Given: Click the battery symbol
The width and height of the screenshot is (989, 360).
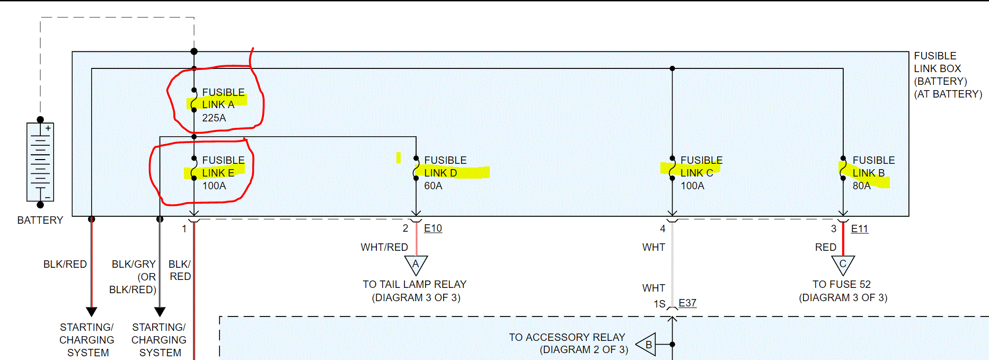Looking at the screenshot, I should pos(40,162).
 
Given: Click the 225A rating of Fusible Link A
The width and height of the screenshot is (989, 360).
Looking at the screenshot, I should pos(214,118).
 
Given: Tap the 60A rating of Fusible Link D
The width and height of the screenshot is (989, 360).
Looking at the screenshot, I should pos(433,186).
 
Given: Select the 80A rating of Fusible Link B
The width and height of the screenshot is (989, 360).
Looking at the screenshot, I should pos(861,186).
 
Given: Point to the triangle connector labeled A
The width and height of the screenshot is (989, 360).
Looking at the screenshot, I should pos(416,265).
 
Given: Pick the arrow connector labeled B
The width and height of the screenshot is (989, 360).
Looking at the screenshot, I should pos(647,345).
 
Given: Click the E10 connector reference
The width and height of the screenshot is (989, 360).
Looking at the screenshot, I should pos(433,229).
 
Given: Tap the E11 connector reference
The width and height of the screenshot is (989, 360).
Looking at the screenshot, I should pos(860,229).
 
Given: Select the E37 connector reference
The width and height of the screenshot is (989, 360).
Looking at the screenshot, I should pos(687,303).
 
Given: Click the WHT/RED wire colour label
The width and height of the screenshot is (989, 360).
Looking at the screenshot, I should pos(384,247).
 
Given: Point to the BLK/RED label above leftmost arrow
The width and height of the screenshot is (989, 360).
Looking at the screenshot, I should pos(65,264).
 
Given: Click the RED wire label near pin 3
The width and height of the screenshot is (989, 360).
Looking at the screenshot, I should pos(825,247).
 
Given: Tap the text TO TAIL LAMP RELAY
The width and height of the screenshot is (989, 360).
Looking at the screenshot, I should pos(414,284).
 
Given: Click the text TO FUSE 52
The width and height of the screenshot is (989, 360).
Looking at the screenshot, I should pos(842,284).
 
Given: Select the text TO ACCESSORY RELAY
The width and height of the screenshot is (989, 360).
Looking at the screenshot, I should pos(567,337).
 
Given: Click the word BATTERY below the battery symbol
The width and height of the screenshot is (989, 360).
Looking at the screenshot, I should pos(40,220).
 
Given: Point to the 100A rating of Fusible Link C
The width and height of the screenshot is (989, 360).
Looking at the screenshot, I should pos(692,186).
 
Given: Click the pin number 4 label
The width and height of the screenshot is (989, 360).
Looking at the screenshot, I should pos(663,229).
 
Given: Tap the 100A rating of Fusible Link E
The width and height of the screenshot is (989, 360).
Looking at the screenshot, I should pos(214,186).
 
